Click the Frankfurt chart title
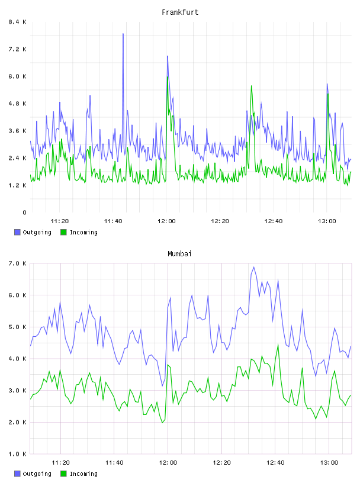(x=180, y=12)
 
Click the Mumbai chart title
(x=179, y=254)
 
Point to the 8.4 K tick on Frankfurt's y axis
(x=18, y=22)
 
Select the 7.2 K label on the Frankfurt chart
(x=18, y=49)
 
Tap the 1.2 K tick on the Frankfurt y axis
(x=18, y=185)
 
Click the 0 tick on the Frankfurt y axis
(x=24, y=212)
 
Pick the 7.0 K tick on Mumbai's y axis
(x=18, y=263)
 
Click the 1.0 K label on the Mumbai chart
(x=18, y=454)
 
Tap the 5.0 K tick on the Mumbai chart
(x=18, y=327)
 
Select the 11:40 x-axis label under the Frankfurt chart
(x=113, y=221)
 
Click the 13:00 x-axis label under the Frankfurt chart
(x=327, y=221)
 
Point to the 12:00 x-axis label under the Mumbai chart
(x=168, y=463)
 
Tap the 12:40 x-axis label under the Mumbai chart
(x=275, y=463)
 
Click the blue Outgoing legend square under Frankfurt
(x=17, y=232)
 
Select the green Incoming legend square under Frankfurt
(x=63, y=232)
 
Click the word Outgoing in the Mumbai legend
(x=37, y=474)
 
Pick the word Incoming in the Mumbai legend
(x=83, y=474)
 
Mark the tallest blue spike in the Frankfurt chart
(x=123, y=34)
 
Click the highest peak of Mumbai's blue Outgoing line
(x=254, y=268)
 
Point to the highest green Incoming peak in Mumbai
(x=278, y=344)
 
